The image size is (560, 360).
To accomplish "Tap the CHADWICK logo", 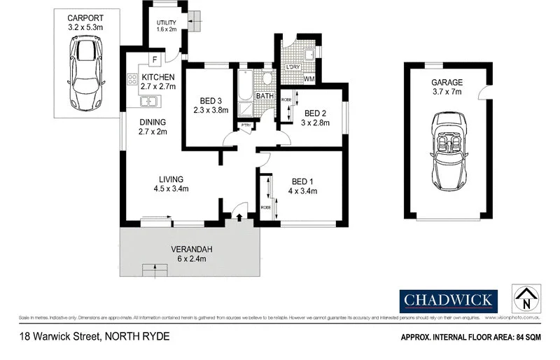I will click(x=448, y=301).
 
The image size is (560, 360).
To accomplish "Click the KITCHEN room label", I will click(x=157, y=76).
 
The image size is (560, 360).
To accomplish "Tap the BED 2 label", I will click(x=315, y=113).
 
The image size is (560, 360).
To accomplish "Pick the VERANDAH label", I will click(x=191, y=249).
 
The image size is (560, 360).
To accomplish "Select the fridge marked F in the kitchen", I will click(x=154, y=58).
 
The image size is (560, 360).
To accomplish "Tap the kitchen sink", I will click(x=149, y=102).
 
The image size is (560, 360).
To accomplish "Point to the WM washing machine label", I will click(x=308, y=78).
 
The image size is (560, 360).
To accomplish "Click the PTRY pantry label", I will click(x=246, y=126).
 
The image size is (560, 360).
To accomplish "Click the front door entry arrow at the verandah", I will click(x=240, y=218).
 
